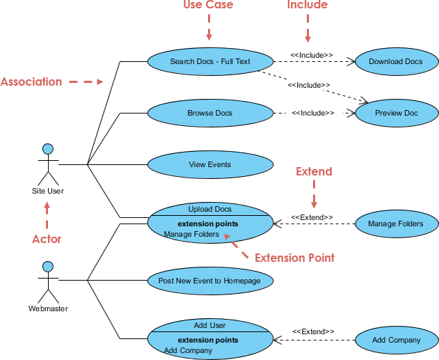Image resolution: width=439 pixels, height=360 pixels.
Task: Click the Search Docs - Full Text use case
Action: click(209, 61)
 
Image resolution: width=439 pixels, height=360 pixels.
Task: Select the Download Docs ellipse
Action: click(395, 61)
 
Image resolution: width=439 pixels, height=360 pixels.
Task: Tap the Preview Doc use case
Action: click(397, 113)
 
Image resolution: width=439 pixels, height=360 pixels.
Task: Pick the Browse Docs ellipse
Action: click(209, 113)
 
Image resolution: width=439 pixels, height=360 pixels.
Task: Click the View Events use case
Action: click(209, 165)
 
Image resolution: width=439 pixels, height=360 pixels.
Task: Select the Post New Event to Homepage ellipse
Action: click(209, 280)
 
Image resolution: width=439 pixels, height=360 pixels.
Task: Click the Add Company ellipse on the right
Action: click(396, 340)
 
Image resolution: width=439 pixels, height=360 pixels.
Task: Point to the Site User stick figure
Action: click(47, 164)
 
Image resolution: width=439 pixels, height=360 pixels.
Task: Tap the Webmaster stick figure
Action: click(47, 280)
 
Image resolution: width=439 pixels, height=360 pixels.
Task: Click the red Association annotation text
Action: click(31, 81)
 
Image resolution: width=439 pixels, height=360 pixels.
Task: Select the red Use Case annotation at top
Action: click(208, 6)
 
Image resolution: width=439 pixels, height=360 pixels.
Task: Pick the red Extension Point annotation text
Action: click(294, 258)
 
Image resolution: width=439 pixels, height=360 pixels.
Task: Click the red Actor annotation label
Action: click(47, 239)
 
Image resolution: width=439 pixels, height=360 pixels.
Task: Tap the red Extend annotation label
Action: click(314, 171)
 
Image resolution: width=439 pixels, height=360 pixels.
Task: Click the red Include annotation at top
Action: click(307, 6)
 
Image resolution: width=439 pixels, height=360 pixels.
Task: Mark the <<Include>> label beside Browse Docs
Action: click(312, 113)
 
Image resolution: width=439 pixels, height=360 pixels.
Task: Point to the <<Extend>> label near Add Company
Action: click(313, 331)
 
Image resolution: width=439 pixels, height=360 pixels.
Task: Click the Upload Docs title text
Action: click(209, 209)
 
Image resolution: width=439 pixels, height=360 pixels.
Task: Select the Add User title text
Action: click(209, 325)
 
